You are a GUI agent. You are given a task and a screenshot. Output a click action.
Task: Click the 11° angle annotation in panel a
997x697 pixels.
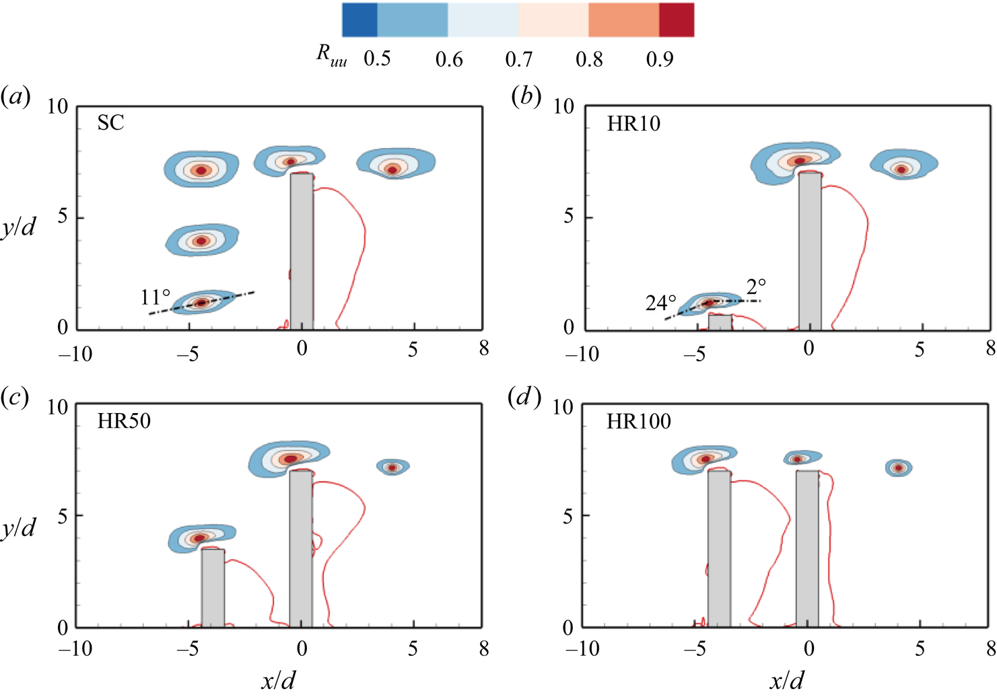pyautogui.click(x=156, y=297)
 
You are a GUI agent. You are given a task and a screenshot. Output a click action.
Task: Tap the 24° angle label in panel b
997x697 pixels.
pyautogui.click(x=660, y=303)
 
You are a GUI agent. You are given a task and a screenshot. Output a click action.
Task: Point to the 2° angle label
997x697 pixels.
pyautogui.click(x=756, y=287)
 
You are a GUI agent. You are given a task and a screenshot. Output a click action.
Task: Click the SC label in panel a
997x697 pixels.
pyautogui.click(x=110, y=123)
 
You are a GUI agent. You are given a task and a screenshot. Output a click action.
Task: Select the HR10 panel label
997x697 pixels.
pyautogui.click(x=633, y=124)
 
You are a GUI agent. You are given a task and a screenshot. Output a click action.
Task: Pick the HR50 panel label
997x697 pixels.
pyautogui.click(x=124, y=422)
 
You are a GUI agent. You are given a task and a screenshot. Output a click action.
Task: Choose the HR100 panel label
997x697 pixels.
pyautogui.click(x=639, y=422)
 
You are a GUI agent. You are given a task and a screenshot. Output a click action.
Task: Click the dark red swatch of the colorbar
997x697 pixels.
pyautogui.click(x=676, y=20)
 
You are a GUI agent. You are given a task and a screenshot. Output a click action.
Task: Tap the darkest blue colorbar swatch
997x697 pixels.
pyautogui.click(x=359, y=20)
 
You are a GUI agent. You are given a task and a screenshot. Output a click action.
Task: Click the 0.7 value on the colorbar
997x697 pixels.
pyautogui.click(x=519, y=60)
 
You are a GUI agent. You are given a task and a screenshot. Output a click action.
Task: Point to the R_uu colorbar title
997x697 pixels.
pyautogui.click(x=332, y=55)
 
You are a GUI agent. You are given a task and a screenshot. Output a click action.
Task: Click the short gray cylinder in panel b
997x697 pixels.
pyautogui.click(x=720, y=322)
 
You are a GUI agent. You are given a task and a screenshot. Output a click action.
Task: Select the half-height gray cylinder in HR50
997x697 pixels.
pyautogui.click(x=213, y=587)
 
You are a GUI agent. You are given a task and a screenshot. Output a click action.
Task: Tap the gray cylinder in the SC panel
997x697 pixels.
pyautogui.click(x=302, y=251)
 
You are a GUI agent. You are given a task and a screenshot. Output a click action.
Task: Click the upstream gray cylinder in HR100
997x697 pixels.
pyautogui.click(x=719, y=548)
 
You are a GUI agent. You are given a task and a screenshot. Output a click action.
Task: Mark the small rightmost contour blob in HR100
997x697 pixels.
pyautogui.click(x=898, y=468)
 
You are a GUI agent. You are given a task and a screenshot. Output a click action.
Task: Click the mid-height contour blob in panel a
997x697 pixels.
pyautogui.click(x=201, y=240)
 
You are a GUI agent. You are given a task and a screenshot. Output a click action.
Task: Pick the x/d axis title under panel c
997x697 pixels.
pyautogui.click(x=278, y=681)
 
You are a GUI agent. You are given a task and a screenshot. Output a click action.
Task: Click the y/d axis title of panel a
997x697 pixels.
pyautogui.click(x=19, y=227)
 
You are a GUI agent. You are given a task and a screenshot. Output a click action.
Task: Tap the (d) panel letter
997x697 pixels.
pyautogui.click(x=524, y=398)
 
